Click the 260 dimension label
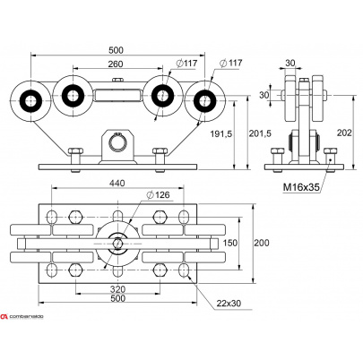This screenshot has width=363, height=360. [x=115, y=64]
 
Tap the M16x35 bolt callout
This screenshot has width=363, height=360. [x=301, y=187]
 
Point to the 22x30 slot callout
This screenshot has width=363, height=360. [x=229, y=304]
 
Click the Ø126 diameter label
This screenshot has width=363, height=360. [x=158, y=195]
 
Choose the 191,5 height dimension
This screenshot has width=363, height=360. [x=220, y=133]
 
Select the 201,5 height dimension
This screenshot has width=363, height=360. [x=260, y=133]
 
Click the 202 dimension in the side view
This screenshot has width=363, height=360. [x=344, y=133]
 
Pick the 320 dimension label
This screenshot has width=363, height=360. [x=117, y=289]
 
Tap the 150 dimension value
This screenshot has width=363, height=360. [x=230, y=243]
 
